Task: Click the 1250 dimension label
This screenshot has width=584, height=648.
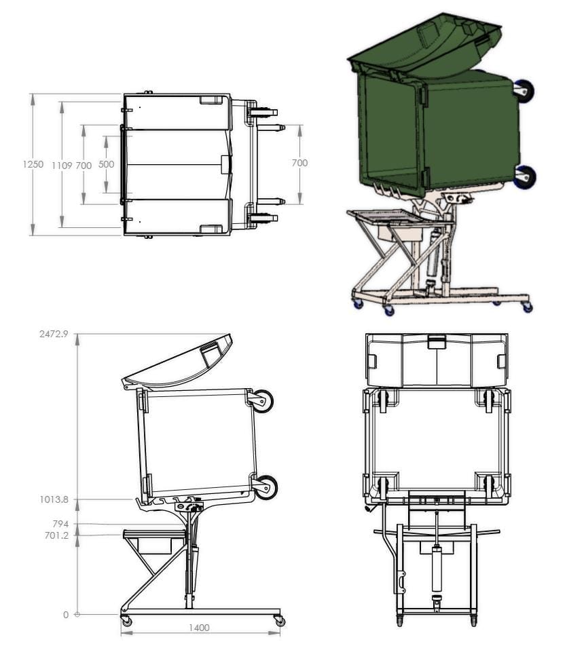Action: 33,164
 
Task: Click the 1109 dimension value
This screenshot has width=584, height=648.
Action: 62,164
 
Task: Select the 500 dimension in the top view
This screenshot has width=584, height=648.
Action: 106,164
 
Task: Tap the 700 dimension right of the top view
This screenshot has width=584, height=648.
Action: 299,163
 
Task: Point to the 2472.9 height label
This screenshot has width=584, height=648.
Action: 55,334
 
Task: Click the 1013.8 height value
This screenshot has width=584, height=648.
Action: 55,499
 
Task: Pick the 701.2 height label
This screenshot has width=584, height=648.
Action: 57,535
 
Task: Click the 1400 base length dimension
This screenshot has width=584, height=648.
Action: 199,628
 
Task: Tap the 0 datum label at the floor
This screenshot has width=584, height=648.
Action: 66,615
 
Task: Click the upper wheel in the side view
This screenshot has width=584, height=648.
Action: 262,401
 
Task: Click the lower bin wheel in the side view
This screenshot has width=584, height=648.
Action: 266,487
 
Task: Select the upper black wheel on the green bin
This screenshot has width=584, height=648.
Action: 524,90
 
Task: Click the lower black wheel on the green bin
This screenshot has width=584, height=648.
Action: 525,177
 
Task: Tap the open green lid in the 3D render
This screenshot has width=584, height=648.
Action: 424,44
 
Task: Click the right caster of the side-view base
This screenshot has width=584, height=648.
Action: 280,621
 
